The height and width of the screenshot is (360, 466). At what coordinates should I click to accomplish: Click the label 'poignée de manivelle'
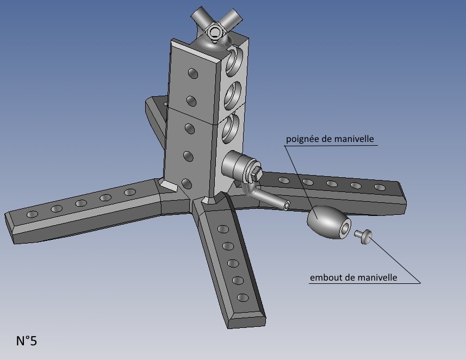[x=330, y=139]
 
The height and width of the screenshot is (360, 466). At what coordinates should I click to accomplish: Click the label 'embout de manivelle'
[x=353, y=277]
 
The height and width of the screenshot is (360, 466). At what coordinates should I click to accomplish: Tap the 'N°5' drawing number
[x=26, y=341]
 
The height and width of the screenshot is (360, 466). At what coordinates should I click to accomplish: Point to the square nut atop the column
[x=215, y=32]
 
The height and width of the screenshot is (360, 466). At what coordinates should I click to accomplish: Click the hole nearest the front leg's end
[x=243, y=297]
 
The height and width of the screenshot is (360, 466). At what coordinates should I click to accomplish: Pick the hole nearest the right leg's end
[x=380, y=188]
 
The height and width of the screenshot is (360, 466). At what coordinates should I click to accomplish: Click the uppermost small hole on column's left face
[x=192, y=73]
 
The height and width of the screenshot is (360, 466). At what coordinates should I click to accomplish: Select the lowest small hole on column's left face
[x=187, y=183]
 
